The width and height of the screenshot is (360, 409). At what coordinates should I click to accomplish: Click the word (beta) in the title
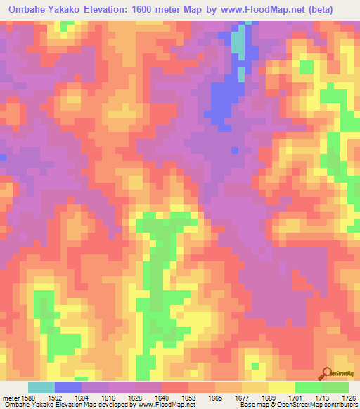319,11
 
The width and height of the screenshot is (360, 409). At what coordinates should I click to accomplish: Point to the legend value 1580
27,397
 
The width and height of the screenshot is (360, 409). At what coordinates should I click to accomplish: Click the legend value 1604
81,397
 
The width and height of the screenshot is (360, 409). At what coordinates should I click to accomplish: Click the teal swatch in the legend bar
41,387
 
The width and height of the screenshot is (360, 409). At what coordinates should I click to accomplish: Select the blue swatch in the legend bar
67,387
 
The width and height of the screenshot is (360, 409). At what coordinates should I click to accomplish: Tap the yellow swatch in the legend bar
281,387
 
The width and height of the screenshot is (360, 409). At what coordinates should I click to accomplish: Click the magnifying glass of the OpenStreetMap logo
326,373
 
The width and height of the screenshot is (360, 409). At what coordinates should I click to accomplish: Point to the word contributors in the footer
341,405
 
